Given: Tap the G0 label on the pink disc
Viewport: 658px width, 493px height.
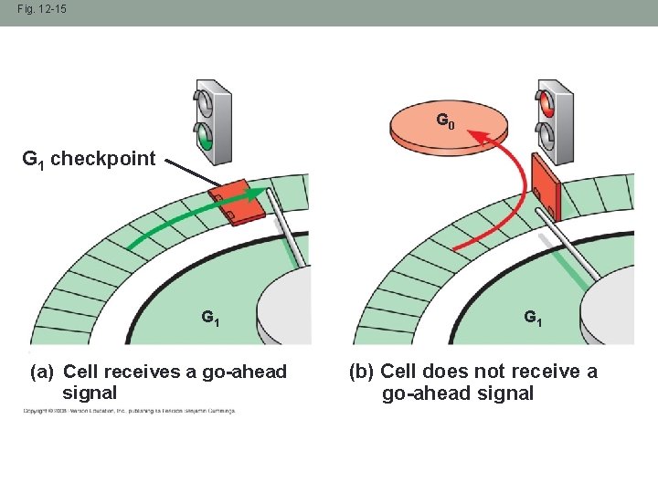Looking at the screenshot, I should [x=443, y=120].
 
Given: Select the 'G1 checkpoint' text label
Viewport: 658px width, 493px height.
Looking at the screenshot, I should [x=89, y=159].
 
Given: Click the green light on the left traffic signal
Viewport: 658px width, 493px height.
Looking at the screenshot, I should [x=206, y=141].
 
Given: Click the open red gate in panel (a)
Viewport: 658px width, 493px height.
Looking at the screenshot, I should [x=237, y=203].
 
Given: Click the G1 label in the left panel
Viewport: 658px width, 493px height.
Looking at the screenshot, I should [x=210, y=319].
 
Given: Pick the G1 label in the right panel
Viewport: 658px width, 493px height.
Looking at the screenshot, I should [x=533, y=318].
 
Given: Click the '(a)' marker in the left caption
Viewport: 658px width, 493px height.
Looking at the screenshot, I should [x=43, y=372].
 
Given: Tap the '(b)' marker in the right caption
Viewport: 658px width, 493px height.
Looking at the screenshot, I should [x=362, y=372].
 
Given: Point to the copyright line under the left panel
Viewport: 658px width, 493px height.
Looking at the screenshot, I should [x=128, y=412].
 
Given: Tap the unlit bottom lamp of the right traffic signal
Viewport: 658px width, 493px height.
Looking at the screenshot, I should [x=547, y=137].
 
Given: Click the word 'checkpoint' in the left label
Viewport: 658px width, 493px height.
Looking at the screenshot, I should [x=102, y=159].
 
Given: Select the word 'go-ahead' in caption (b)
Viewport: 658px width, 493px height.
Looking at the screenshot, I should [x=422, y=393].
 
